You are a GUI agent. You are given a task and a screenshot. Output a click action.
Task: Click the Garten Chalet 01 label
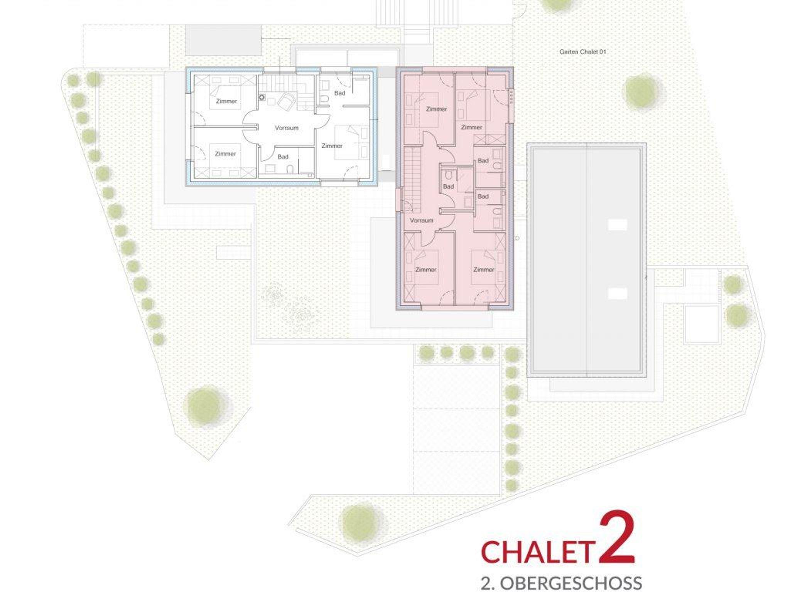tap(582, 52)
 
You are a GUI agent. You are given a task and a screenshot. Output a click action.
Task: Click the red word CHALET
tap(537, 552)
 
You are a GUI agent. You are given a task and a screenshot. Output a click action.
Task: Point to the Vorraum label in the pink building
tap(421, 221)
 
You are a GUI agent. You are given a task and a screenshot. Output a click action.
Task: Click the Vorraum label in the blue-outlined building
tap(287, 128)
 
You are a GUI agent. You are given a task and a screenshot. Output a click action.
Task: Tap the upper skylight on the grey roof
tap(618, 225)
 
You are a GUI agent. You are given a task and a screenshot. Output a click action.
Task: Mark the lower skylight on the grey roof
tap(618, 294)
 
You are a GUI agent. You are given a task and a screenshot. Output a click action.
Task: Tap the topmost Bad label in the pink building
tap(483, 161)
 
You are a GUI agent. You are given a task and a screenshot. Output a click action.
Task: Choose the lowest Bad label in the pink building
tap(483, 197)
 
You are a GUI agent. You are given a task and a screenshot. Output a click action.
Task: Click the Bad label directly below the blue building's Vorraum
tap(283, 157)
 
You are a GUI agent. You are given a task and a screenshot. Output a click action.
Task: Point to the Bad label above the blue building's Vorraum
tap(339, 93)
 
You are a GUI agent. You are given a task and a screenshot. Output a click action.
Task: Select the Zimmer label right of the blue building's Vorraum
tap(332, 146)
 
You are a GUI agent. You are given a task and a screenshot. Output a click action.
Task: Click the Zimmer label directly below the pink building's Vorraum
tap(425, 270)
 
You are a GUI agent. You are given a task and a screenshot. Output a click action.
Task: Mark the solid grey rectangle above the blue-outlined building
tap(223, 40)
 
